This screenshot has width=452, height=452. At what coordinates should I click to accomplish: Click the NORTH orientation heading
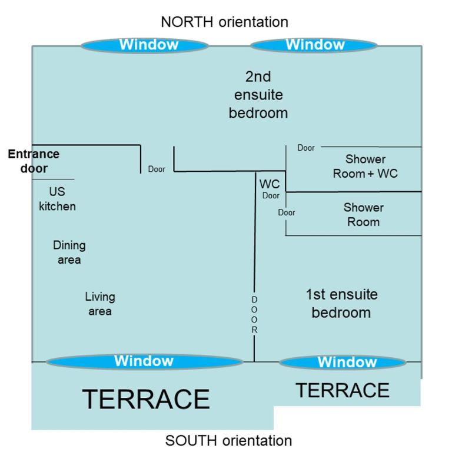[225, 22]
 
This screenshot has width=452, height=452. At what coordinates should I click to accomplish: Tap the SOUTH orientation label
[228, 440]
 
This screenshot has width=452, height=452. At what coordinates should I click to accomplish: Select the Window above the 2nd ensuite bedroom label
[314, 45]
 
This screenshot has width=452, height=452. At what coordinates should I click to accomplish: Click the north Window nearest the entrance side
[145, 45]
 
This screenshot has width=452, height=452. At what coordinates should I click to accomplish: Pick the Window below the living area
[144, 361]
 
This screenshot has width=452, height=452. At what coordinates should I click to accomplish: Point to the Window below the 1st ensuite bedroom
[343, 362]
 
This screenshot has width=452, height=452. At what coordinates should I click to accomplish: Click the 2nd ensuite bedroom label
[258, 95]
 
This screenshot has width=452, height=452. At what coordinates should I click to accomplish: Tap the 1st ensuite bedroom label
[341, 304]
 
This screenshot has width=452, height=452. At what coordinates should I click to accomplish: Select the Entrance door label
[34, 161]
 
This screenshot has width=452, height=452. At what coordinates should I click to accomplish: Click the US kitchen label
[57, 199]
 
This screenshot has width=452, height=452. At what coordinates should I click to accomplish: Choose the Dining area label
[69, 252]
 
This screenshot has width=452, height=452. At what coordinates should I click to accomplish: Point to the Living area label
[100, 304]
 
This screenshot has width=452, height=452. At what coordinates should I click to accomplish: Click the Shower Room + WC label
[365, 167]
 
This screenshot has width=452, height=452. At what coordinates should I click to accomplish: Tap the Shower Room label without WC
[364, 215]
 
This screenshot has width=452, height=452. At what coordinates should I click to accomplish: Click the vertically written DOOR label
[254, 314]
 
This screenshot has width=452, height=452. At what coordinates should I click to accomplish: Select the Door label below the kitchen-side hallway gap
[157, 169]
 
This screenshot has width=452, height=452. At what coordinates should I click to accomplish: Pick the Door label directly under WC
[271, 195]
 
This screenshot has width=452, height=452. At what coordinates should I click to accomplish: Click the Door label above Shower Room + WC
[306, 148]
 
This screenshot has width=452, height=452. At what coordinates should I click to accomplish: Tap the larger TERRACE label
[146, 399]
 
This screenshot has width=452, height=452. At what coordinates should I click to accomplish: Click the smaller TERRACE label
[343, 390]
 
